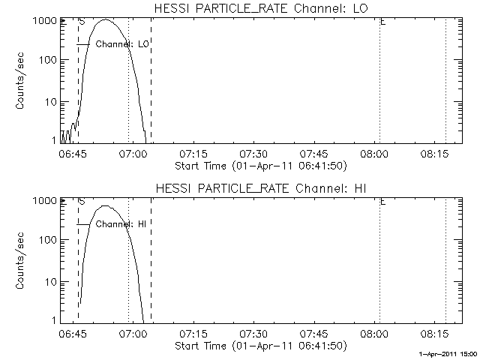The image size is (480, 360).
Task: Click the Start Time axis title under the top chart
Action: [259, 165]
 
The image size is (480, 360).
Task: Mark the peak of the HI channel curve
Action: [105, 205]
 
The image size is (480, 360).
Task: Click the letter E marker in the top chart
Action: [382, 22]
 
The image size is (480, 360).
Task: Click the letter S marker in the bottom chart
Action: [81, 202]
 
